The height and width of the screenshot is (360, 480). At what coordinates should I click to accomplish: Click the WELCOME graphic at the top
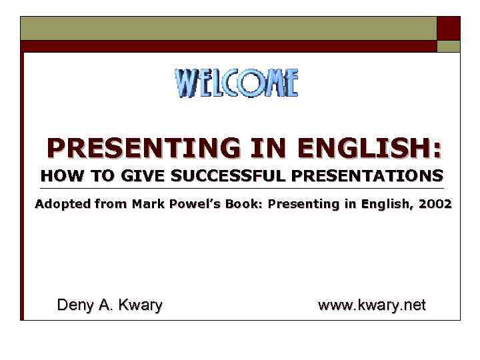point(236,83)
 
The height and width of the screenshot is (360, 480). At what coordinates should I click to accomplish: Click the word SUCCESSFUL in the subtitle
point(227,177)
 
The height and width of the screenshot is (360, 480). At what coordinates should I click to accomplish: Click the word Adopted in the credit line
point(61,204)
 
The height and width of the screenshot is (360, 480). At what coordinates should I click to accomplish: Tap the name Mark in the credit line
point(147,204)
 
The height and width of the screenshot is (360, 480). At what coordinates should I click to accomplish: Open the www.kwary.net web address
point(371,305)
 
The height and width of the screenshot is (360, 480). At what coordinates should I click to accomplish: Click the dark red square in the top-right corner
point(448,28)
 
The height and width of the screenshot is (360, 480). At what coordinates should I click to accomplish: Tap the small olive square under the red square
point(448,46)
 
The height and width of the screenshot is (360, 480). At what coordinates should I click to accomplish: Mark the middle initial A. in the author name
point(104,305)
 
